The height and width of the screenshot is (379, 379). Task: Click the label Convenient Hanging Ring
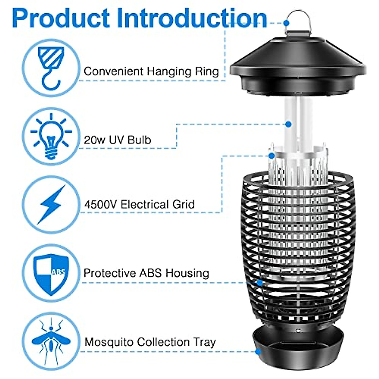(151, 71)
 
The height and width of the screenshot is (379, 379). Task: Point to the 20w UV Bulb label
(117, 140)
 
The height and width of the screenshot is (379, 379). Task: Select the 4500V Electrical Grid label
(139, 205)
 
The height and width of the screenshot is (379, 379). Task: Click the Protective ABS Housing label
(146, 273)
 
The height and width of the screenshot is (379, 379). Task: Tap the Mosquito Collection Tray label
(150, 342)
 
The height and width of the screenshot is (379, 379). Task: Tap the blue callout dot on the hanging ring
(286, 22)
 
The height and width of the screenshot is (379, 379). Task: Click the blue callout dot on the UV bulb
(288, 124)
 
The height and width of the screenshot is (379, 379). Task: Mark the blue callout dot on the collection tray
(258, 351)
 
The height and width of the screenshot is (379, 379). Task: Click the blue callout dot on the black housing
(260, 283)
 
